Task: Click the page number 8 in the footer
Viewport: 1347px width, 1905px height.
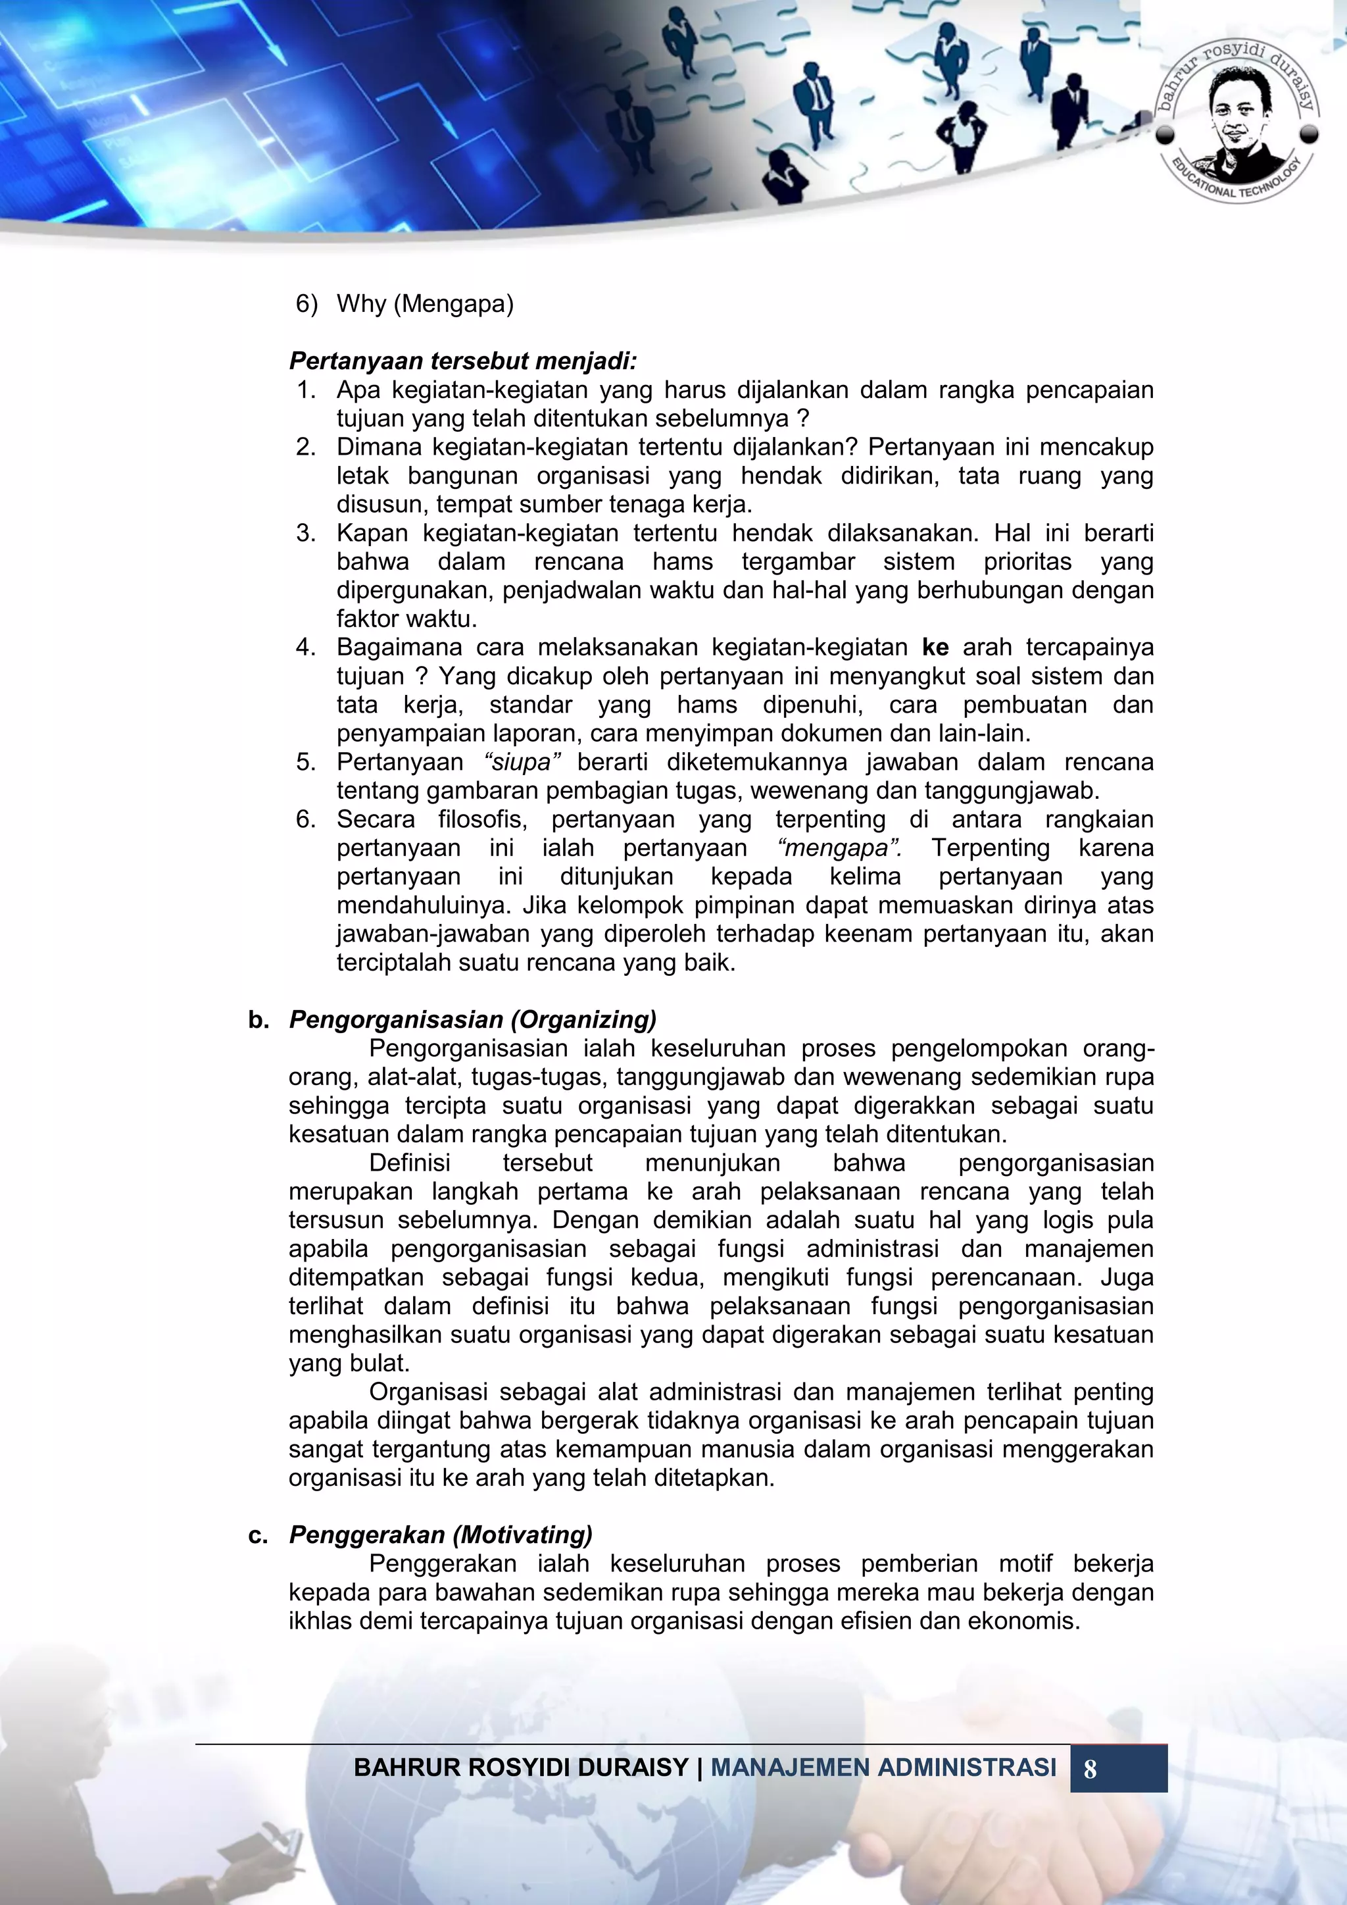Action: coord(1090,1769)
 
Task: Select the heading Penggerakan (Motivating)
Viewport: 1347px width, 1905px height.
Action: coord(441,1535)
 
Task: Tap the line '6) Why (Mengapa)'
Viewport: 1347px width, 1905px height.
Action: coord(404,303)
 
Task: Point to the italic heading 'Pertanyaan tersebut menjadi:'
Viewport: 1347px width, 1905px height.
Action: coord(462,361)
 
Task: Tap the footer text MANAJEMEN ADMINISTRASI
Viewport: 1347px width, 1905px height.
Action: coord(883,1768)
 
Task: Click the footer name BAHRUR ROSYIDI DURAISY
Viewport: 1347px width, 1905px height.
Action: coord(521,1768)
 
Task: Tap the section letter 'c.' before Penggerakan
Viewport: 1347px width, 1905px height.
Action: coord(258,1535)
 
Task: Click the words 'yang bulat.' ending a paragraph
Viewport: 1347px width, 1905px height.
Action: coord(349,1363)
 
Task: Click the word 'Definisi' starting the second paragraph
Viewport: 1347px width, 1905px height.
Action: coord(410,1163)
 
